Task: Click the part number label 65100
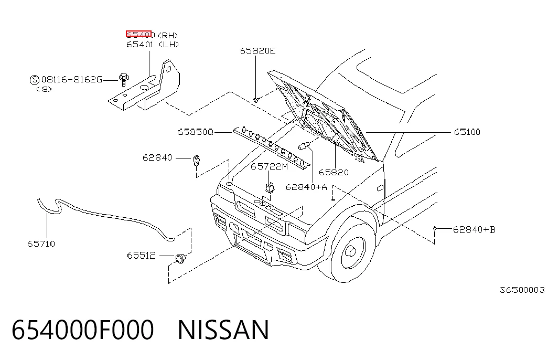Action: click(467, 132)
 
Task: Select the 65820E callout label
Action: click(257, 51)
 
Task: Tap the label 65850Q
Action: click(195, 132)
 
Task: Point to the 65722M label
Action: click(269, 166)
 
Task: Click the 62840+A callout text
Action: click(306, 187)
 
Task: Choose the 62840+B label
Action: click(474, 230)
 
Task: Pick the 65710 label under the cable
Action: click(41, 244)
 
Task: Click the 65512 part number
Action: click(141, 256)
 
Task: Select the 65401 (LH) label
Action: click(153, 45)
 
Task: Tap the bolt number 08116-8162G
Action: click(72, 80)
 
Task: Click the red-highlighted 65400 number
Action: click(139, 34)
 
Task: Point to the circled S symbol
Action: click(35, 80)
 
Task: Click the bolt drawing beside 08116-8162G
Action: click(124, 79)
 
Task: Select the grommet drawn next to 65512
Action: click(180, 259)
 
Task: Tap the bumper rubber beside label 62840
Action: click(197, 161)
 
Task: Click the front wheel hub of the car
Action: click(351, 251)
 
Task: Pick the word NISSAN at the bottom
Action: click(223, 330)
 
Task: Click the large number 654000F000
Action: click(82, 330)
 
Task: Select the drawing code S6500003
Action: click(522, 290)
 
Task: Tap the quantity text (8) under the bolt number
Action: click(44, 89)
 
